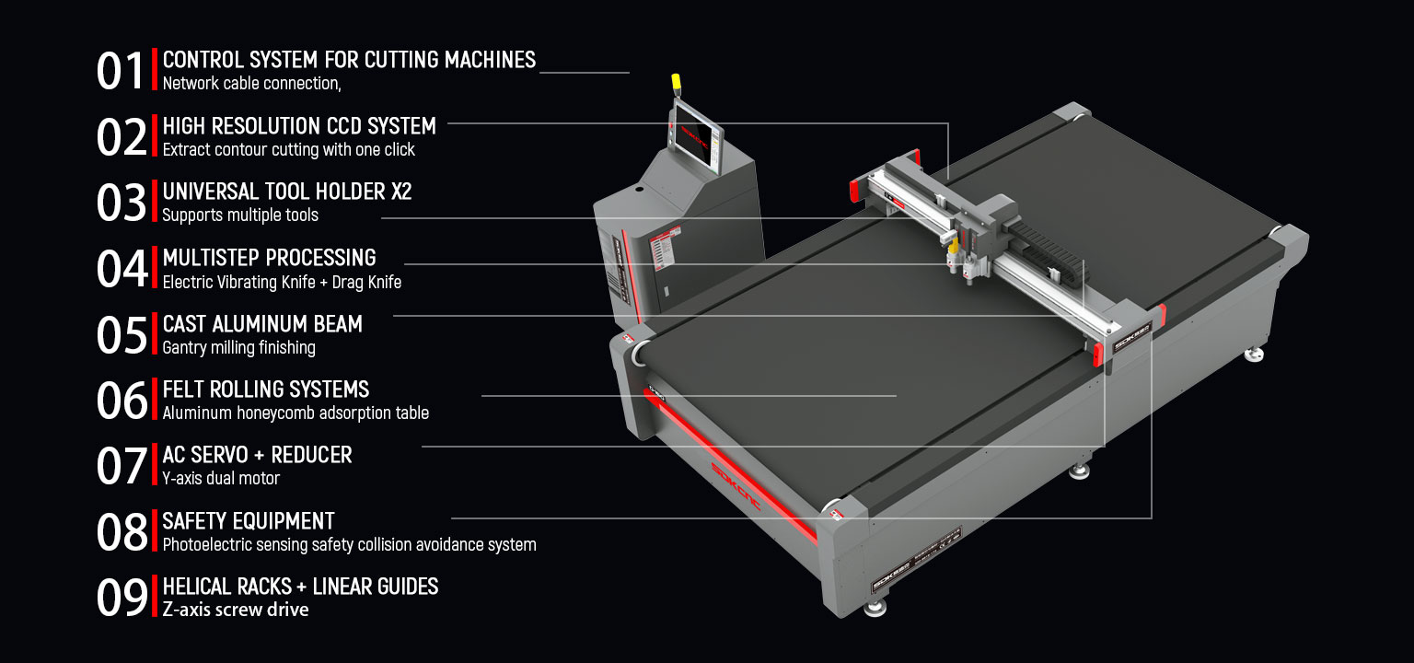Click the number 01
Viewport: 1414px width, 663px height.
pyautogui.click(x=121, y=72)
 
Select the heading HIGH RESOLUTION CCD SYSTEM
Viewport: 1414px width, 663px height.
pyautogui.click(x=299, y=126)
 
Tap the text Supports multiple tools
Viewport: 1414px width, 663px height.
pyautogui.click(x=240, y=215)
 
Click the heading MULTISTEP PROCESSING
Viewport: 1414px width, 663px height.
pyautogui.click(x=269, y=258)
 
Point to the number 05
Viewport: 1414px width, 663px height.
pyautogui.click(x=122, y=336)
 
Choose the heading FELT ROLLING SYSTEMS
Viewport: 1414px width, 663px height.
pyautogui.click(x=266, y=390)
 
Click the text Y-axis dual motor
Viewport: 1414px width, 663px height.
pyautogui.click(x=221, y=479)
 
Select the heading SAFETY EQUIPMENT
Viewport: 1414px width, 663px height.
pyautogui.click(x=249, y=521)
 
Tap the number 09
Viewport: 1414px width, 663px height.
pyautogui.click(x=122, y=599)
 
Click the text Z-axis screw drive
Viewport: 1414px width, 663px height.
pyautogui.click(x=236, y=611)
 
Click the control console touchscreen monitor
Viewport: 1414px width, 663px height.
pyautogui.click(x=698, y=135)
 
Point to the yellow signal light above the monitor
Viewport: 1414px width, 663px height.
pyautogui.click(x=676, y=83)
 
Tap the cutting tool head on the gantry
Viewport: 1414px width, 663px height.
pyautogui.click(x=967, y=244)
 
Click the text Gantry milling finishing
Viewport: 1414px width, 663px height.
pyautogui.click(x=238, y=348)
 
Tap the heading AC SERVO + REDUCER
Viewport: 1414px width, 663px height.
pyautogui.click(x=257, y=455)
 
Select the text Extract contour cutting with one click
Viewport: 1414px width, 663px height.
pyautogui.click(x=288, y=150)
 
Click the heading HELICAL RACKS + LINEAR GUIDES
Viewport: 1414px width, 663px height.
pyautogui.click(x=300, y=587)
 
